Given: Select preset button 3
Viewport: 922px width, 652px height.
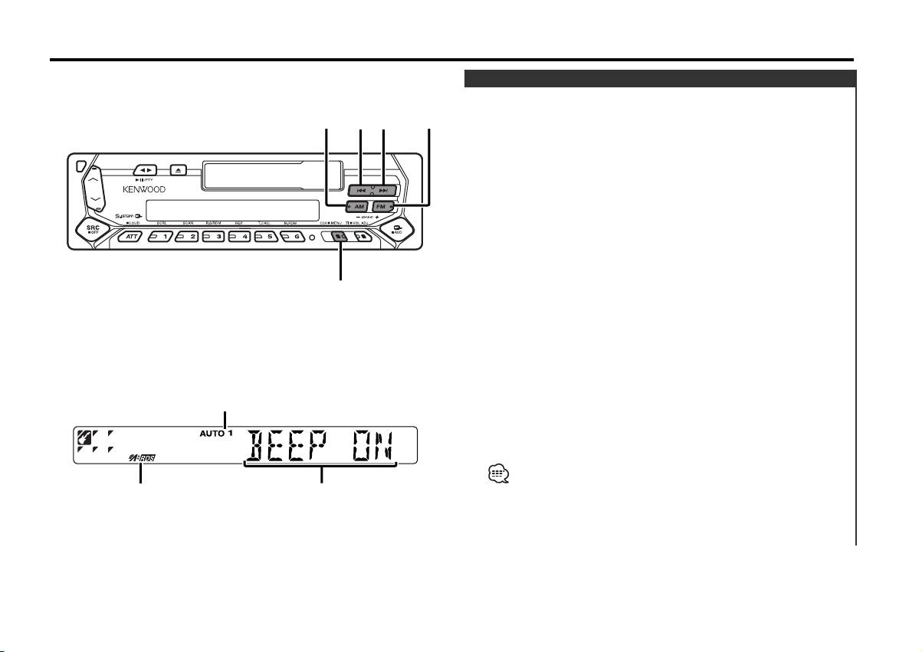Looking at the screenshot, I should click(x=215, y=238).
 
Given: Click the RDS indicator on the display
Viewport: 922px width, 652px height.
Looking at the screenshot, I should click(x=142, y=457).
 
